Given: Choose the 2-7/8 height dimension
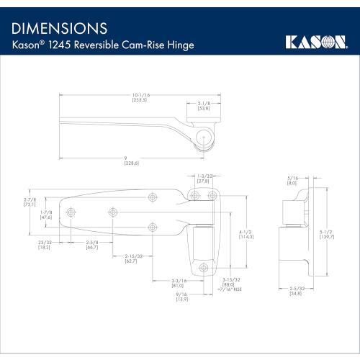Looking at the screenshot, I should (30, 202).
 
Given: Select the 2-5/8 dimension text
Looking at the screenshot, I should (92, 243).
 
